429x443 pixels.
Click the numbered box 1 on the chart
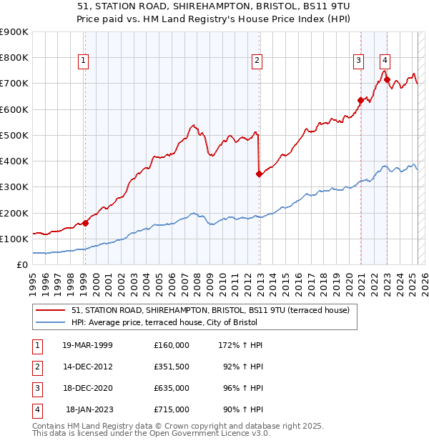click(x=84, y=61)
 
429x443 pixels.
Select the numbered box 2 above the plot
click(x=256, y=61)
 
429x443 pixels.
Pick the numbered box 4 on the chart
click(x=385, y=61)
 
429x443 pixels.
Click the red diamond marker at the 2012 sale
click(x=259, y=173)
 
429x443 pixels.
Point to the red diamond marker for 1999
click(x=86, y=222)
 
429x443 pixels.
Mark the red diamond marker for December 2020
click(x=361, y=99)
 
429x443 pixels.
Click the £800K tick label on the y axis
click(x=14, y=57)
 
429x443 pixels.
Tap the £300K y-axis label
click(x=14, y=187)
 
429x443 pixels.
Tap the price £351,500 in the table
click(x=172, y=367)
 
